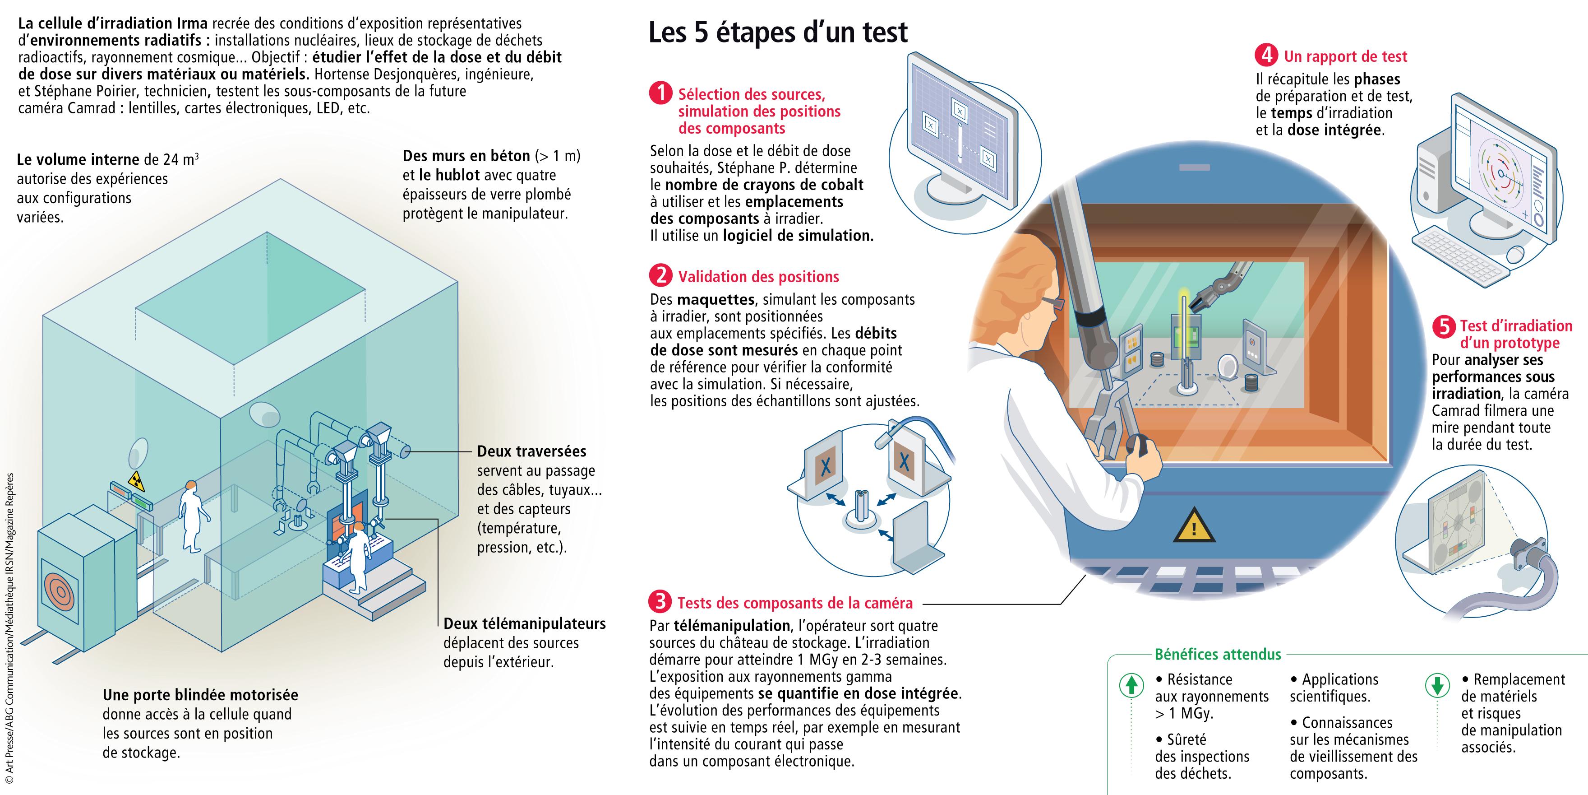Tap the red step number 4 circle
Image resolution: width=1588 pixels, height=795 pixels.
(x=1266, y=56)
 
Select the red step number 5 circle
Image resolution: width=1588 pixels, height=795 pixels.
(x=1444, y=326)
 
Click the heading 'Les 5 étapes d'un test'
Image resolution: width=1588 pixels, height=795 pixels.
(x=778, y=32)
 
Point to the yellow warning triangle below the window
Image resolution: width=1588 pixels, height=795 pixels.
(x=1194, y=526)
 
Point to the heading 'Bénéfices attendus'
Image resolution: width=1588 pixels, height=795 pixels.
(x=1218, y=655)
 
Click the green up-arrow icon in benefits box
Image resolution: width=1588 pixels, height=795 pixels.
(x=1131, y=686)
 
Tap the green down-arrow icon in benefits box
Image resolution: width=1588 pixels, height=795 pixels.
(x=1437, y=686)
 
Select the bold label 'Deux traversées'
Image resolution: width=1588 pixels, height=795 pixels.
(x=531, y=451)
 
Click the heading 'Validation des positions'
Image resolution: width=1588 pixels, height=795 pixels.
(x=758, y=276)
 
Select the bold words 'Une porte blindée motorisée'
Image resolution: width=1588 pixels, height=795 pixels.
(x=200, y=695)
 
